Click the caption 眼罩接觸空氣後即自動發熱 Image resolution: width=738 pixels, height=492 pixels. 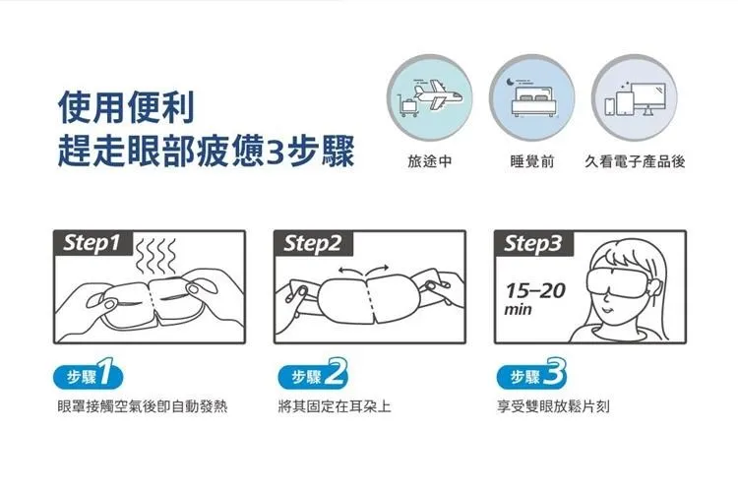tap(143, 406)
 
